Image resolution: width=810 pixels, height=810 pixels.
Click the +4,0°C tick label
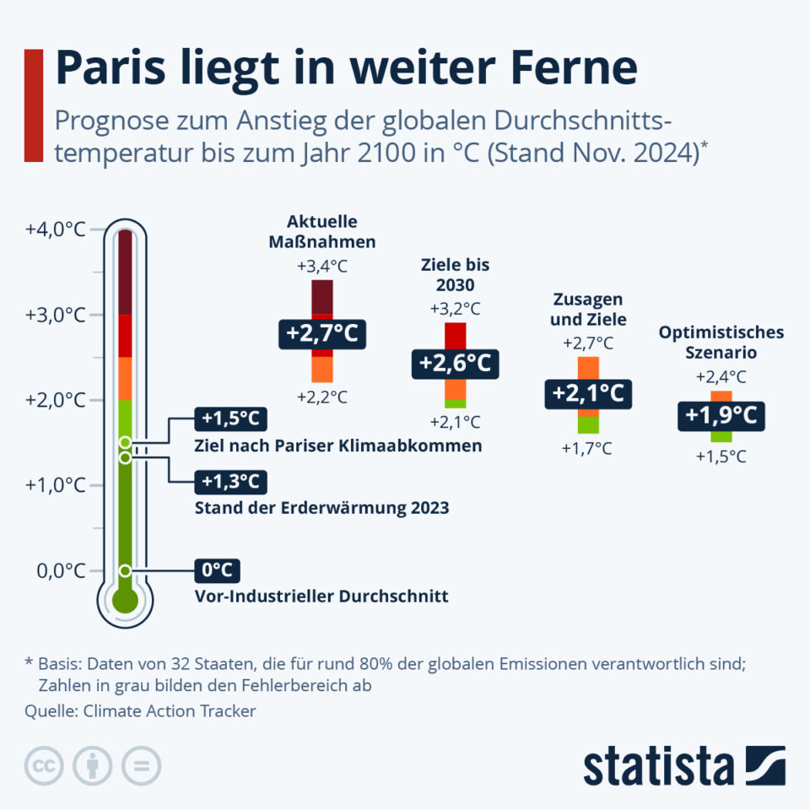55,229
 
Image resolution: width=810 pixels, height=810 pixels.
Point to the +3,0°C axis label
55,315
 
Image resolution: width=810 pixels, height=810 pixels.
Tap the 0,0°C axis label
61,570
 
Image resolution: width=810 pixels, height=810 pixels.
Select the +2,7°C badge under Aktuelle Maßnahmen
322,334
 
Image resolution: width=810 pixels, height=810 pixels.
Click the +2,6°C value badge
455,364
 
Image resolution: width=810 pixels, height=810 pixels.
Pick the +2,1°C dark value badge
588,393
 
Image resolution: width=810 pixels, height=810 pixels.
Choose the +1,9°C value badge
721,415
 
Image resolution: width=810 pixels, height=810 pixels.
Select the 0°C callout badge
217,570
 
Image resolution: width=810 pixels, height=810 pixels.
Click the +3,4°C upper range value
322,267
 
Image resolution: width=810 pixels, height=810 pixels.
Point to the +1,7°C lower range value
587,448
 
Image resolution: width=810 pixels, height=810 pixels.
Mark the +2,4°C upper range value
721,377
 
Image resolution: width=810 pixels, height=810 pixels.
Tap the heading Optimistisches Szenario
721,342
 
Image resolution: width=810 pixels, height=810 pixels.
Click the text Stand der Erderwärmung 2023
321,508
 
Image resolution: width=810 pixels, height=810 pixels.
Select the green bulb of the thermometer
125,601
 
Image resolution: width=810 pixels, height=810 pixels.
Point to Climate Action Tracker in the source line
169,711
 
